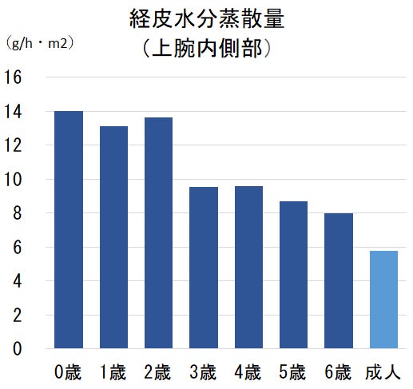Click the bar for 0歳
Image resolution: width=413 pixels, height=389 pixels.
pyautogui.click(x=69, y=229)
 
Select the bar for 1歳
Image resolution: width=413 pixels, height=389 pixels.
pyautogui.click(x=113, y=237)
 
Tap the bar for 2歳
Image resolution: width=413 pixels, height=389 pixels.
pyautogui.click(x=158, y=232)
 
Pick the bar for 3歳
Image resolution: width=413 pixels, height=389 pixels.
pyautogui.click(x=204, y=268)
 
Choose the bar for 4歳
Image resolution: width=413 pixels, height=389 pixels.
pyautogui.click(x=248, y=267)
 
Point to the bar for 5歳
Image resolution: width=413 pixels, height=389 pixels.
pyautogui.click(x=293, y=275)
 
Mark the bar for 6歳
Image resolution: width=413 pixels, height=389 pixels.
pyautogui.click(x=339, y=280)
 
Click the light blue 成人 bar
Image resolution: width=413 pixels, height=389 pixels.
pyautogui.click(x=383, y=300)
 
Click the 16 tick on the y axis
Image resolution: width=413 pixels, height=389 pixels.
pyautogui.click(x=13, y=77)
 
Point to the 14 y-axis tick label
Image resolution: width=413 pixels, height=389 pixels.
pyautogui.click(x=13, y=112)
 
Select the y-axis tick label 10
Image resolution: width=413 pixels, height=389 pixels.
pyautogui.click(x=13, y=180)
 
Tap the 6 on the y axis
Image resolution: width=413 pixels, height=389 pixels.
pyautogui.click(x=17, y=248)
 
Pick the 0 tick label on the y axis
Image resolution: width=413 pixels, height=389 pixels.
pyautogui.click(x=17, y=348)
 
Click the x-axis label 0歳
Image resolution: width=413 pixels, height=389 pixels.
pyautogui.click(x=68, y=372)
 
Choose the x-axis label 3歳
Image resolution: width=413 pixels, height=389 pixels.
pyautogui.click(x=203, y=372)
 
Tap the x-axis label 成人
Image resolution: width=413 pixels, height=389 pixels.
pyautogui.click(x=383, y=372)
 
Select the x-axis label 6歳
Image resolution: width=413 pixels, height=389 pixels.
pyautogui.click(x=338, y=372)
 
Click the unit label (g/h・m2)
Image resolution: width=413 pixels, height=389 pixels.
pyautogui.click(x=39, y=43)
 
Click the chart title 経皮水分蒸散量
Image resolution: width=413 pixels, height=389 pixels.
pyautogui.click(x=207, y=18)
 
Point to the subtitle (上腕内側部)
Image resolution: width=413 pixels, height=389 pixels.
pyautogui.click(x=207, y=48)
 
